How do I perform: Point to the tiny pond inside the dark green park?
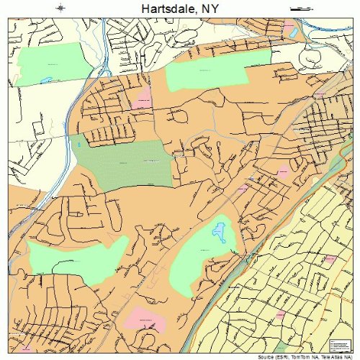coord(79,146)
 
